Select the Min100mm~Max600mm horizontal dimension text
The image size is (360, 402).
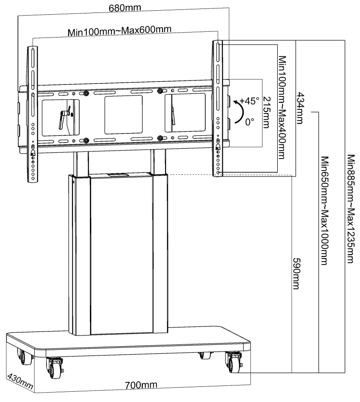click(120, 32)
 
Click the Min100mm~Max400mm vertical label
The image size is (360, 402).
click(281, 107)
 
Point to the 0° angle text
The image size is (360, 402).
click(250, 122)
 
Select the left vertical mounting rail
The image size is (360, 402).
click(33, 112)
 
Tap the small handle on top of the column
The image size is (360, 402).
click(115, 175)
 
